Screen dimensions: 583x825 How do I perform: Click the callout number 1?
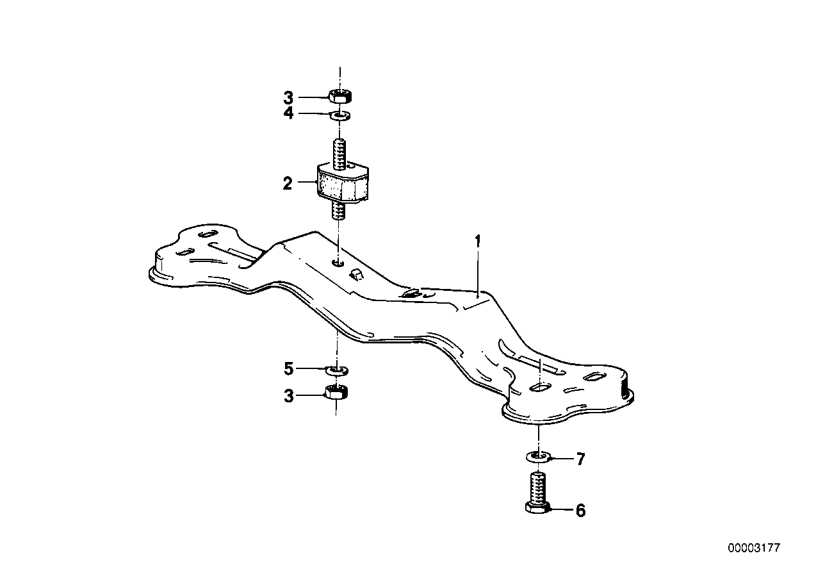pyautogui.click(x=477, y=242)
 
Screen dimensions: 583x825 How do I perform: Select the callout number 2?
pyautogui.click(x=288, y=183)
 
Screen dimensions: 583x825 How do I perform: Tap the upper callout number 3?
pyautogui.click(x=288, y=98)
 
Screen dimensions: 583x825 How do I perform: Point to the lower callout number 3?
pyautogui.click(x=288, y=397)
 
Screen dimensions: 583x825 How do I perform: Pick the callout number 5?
pyautogui.click(x=288, y=369)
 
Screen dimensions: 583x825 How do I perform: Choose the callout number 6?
pyautogui.click(x=580, y=511)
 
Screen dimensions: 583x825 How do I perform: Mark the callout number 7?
pyautogui.click(x=580, y=459)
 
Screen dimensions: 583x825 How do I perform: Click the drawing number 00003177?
pyautogui.click(x=754, y=548)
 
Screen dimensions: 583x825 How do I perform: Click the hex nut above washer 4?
pyautogui.click(x=339, y=97)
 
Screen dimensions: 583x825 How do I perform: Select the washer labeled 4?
pyautogui.click(x=340, y=115)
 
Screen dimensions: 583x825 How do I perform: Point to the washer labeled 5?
pyautogui.click(x=336, y=370)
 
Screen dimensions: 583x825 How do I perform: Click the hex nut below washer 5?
pyautogui.click(x=336, y=392)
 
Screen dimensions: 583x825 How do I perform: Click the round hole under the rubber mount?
pyautogui.click(x=339, y=263)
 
